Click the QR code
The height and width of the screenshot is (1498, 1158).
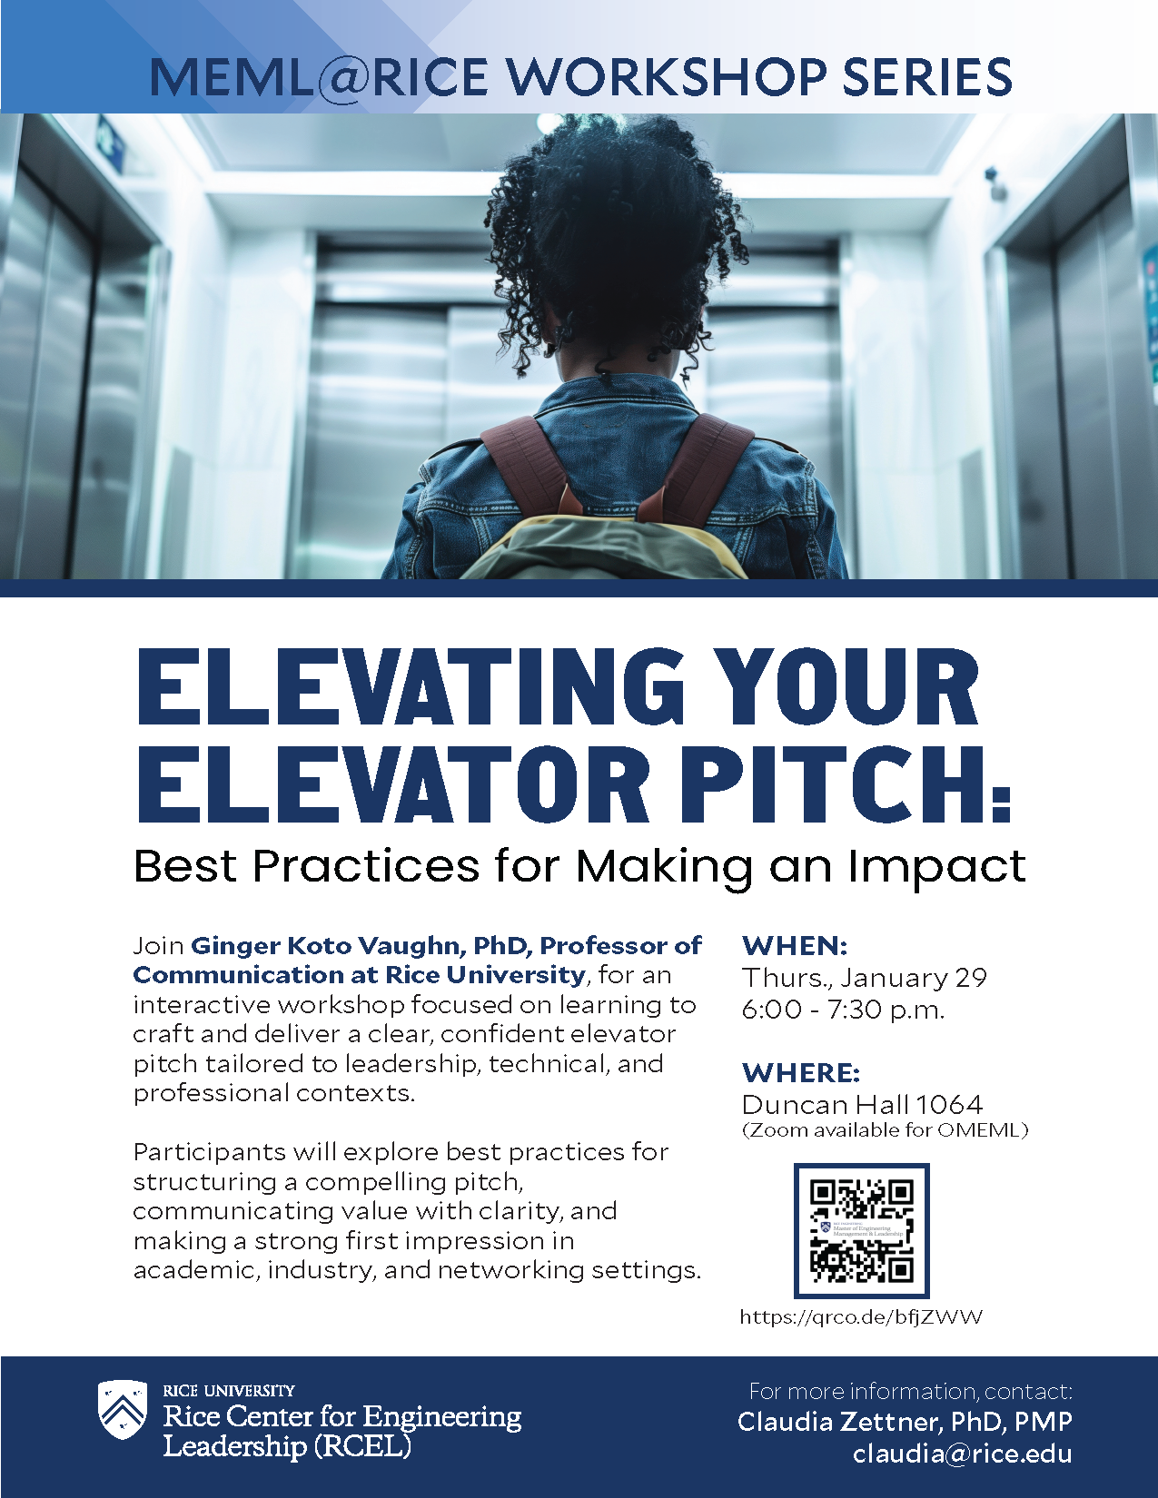coord(861,1230)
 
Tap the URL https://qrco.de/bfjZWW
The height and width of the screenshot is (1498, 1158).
coord(861,1317)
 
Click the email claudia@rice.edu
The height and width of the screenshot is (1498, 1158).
coord(962,1454)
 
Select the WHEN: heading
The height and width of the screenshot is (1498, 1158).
coord(795,946)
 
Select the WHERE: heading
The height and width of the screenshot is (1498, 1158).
coord(800,1072)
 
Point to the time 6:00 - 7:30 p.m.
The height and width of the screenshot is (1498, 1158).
coord(843,1010)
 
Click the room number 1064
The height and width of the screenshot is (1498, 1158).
coord(949,1105)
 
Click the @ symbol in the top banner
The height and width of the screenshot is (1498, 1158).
coord(340,76)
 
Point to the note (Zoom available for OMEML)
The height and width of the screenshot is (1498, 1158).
coord(885,1130)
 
